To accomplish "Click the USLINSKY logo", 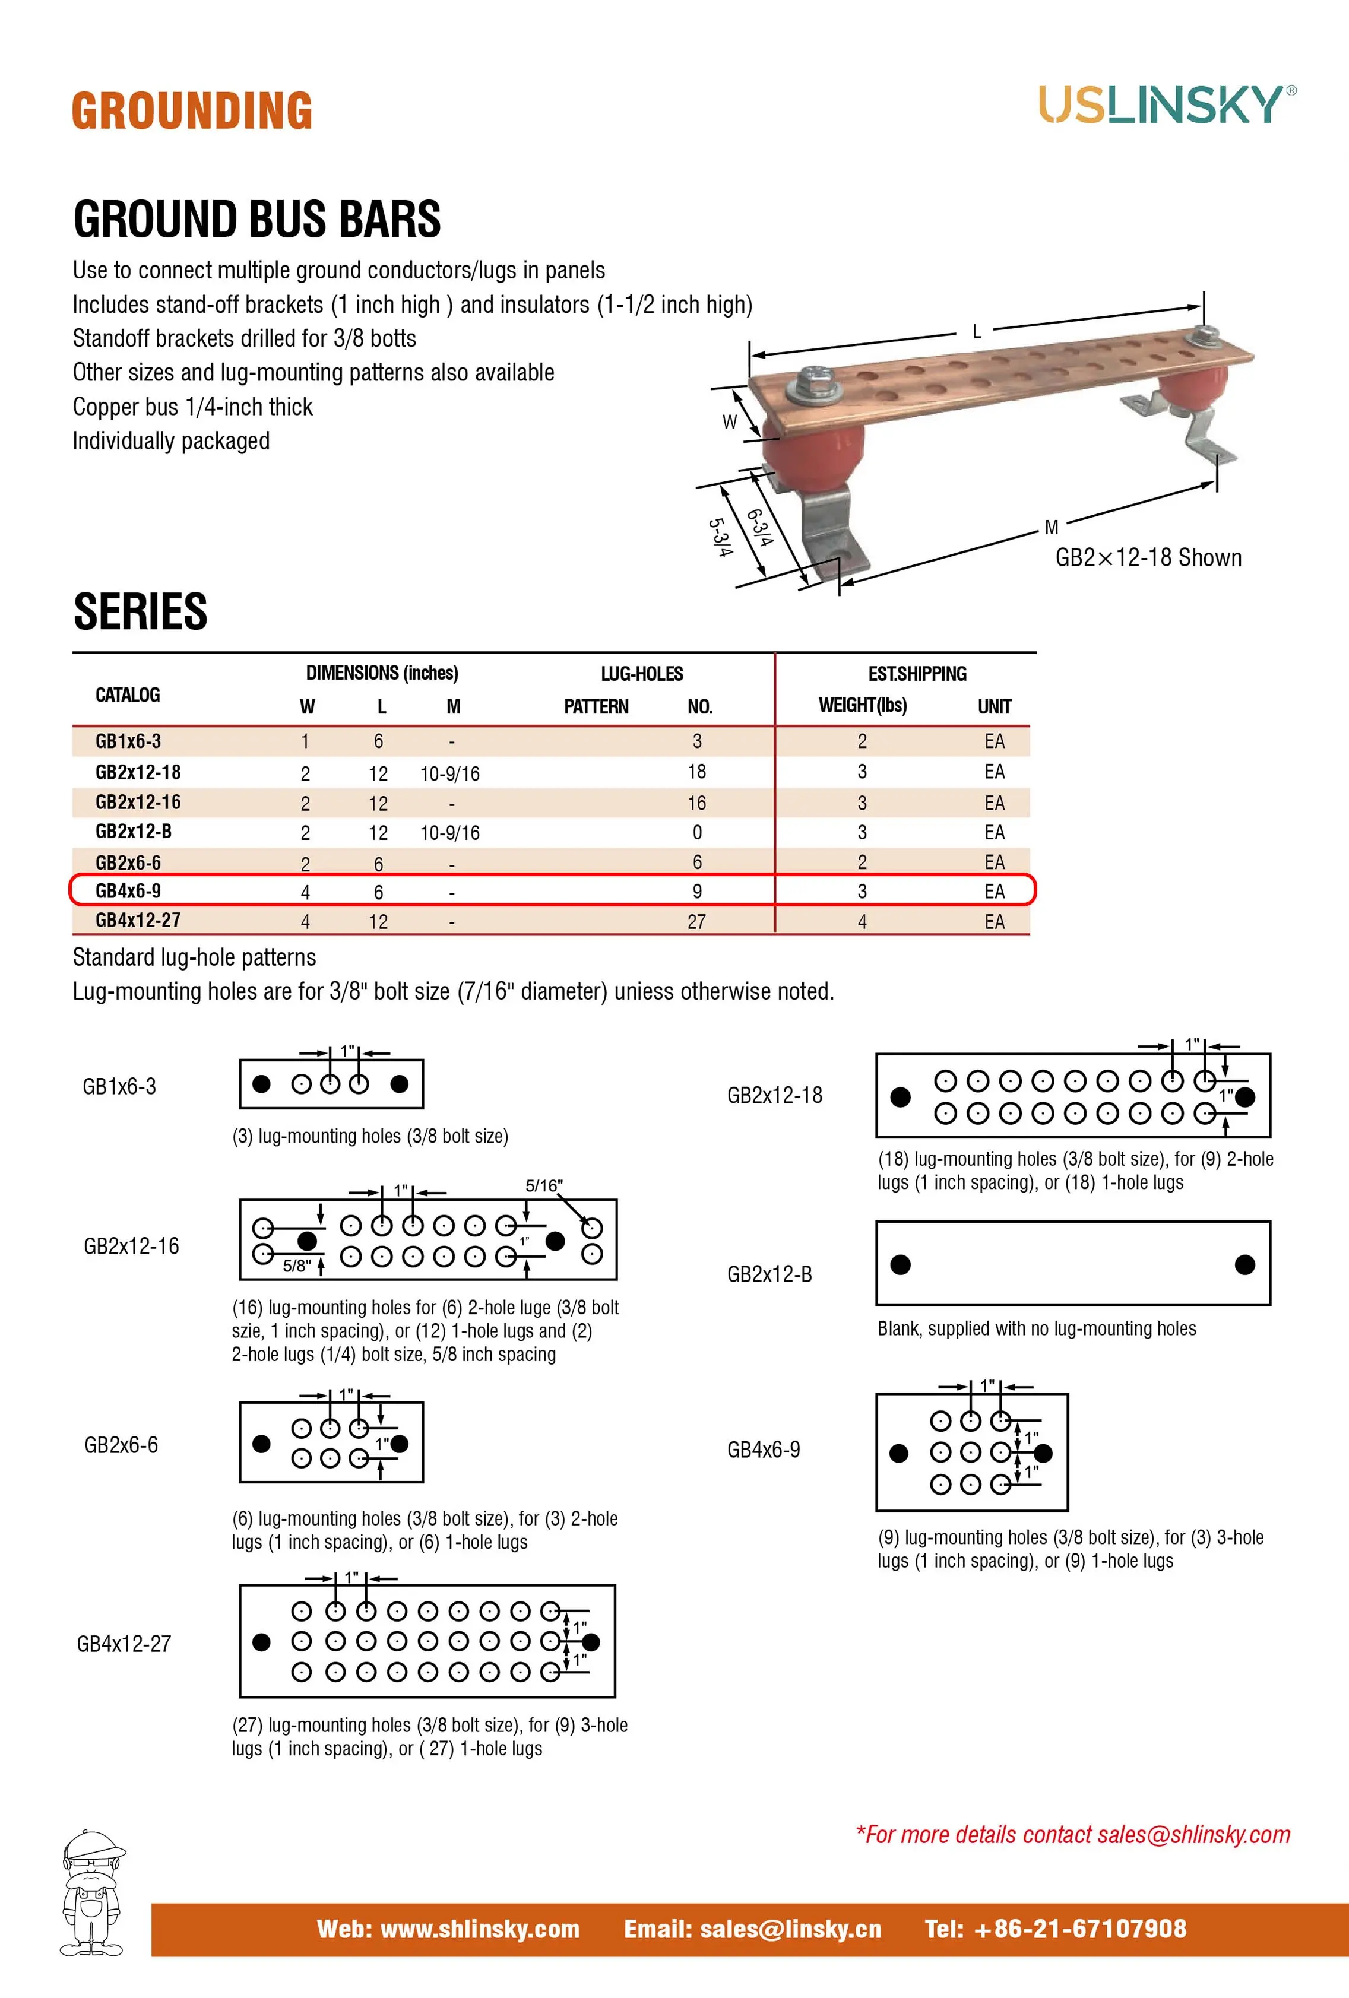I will (1167, 105).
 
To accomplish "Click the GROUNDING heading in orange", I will (192, 111).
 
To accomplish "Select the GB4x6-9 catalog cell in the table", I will (128, 891).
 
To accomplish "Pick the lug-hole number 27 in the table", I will (696, 922).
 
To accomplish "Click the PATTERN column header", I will (596, 707).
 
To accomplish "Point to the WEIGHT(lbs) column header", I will (862, 705).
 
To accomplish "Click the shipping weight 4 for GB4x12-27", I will (862, 922).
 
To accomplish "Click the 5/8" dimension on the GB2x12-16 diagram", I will (297, 1266).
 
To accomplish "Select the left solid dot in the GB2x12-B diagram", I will (900, 1265).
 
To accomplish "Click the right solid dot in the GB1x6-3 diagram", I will (399, 1084).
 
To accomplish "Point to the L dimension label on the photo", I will (976, 331).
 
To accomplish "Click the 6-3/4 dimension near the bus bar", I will (760, 527).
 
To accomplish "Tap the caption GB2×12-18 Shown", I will (1148, 558).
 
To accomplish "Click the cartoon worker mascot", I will (93, 1892).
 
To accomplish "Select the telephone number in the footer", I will (1055, 1929).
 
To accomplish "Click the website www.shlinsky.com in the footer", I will (448, 1929).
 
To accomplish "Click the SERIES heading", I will (140, 611).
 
